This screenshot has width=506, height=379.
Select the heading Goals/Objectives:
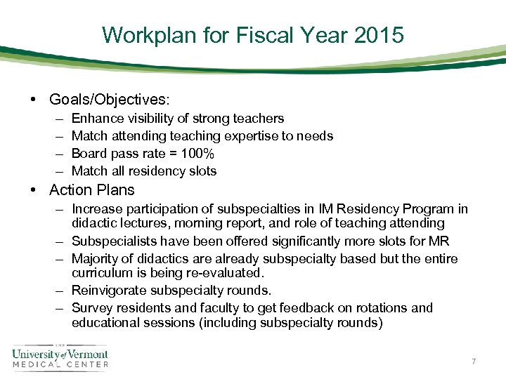click(x=110, y=100)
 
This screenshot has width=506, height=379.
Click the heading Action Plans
click(x=92, y=190)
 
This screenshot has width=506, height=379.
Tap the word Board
click(x=89, y=154)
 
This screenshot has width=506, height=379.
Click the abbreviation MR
click(x=438, y=241)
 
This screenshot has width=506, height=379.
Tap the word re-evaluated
click(x=228, y=272)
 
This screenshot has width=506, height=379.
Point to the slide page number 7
click(x=474, y=361)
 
